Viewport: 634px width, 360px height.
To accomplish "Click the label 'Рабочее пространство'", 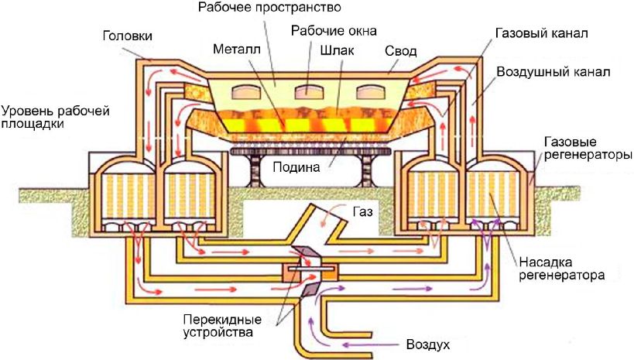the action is (269, 7).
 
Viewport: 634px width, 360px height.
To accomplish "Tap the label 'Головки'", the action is (128, 36).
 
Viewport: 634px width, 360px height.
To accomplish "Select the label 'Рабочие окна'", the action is (334, 31).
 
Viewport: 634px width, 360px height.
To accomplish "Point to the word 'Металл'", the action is (237, 50).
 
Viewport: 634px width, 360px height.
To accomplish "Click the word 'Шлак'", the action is (337, 50).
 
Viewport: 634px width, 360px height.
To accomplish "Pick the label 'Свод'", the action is (400, 51).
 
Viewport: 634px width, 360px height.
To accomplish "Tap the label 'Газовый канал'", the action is (541, 33).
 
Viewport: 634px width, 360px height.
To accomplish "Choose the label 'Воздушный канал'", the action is (553, 72).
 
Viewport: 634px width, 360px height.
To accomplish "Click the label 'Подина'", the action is (296, 167).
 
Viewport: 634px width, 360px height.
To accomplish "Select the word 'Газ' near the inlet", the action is (362, 212).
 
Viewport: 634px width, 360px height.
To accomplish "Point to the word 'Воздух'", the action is (428, 345).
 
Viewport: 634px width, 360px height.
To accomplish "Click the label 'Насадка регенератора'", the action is (562, 269).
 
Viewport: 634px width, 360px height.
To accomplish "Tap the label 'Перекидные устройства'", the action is (222, 327).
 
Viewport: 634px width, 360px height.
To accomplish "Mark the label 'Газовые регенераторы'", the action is (588, 149).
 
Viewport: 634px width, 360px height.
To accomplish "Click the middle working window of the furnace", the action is (310, 92).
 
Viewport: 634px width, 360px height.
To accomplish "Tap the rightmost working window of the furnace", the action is (371, 92).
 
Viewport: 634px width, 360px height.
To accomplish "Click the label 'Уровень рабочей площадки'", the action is (56, 117).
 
